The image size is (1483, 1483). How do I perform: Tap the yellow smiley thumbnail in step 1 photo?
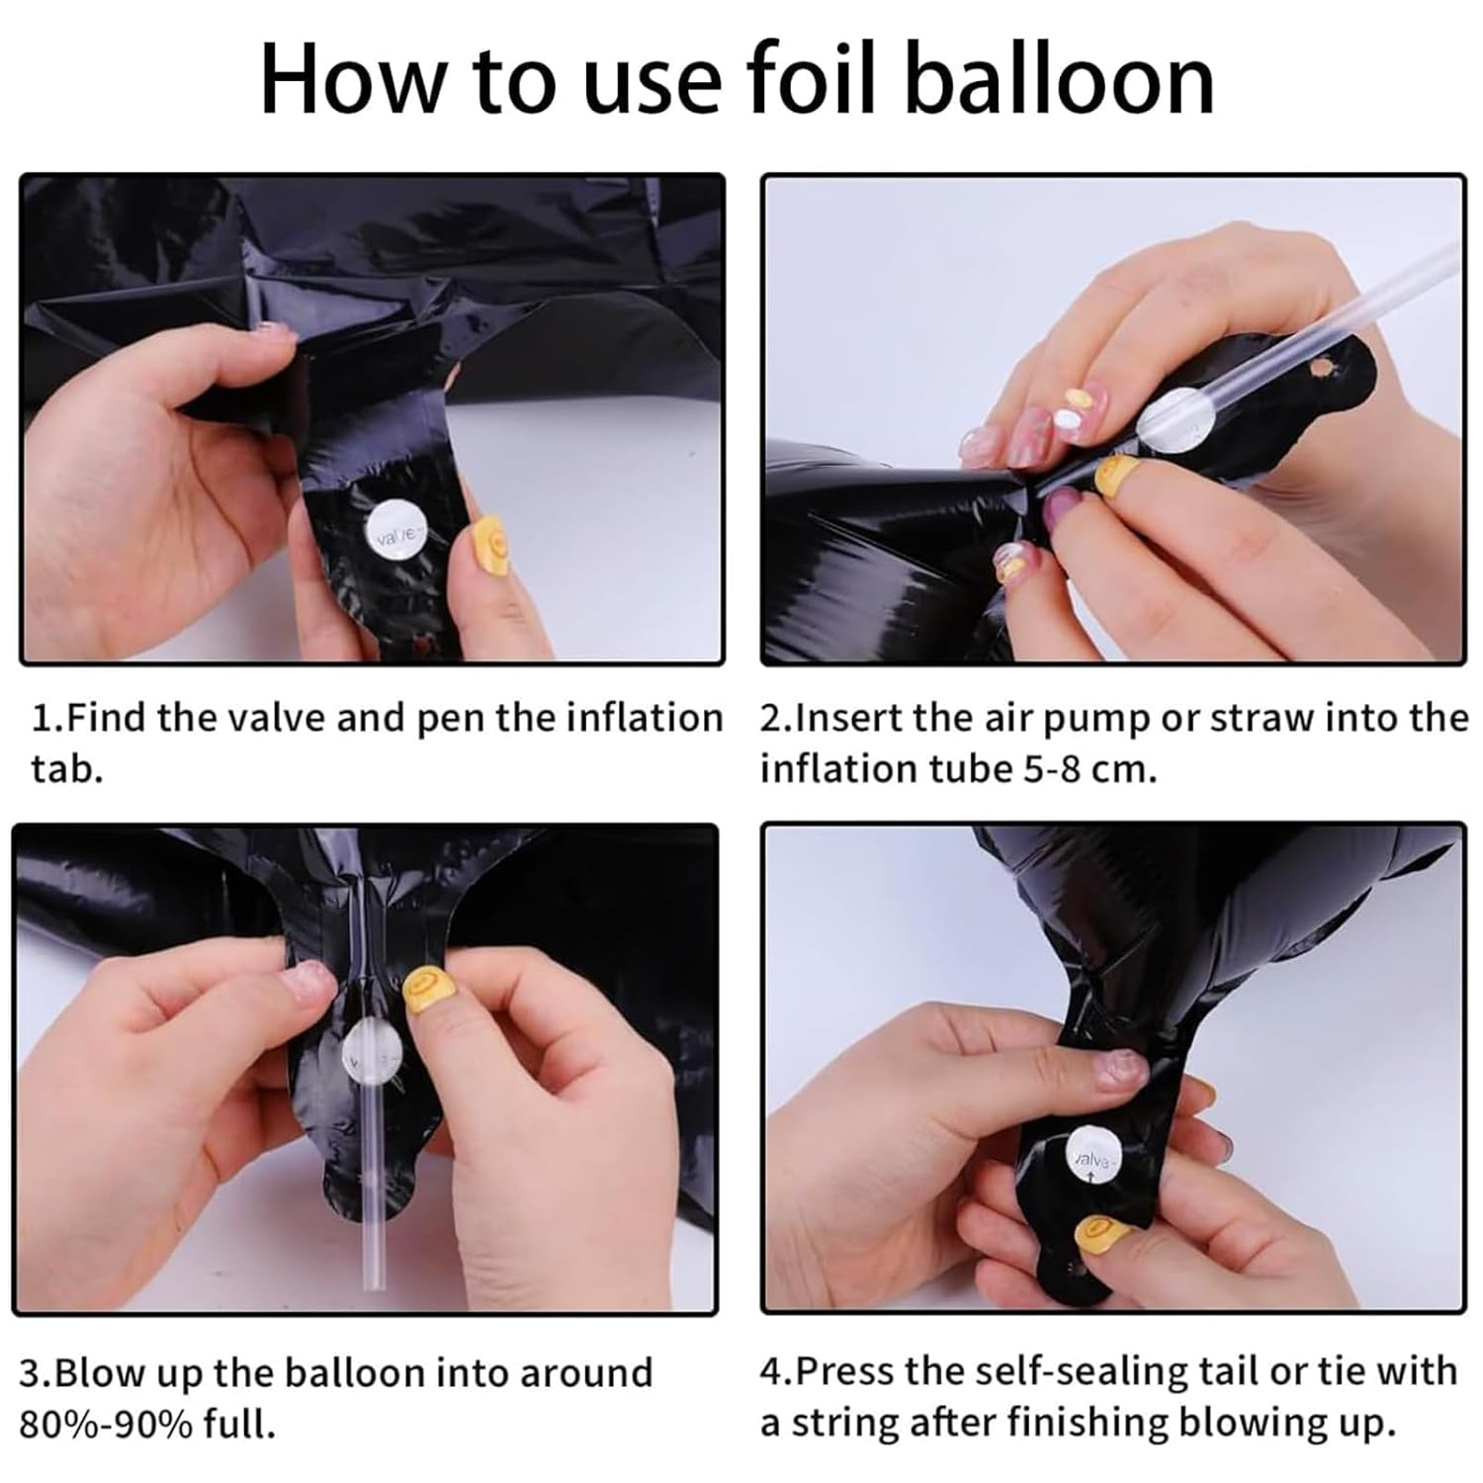488,543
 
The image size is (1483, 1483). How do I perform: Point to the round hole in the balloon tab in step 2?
1321,370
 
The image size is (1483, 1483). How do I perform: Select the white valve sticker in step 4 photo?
1092,1156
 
